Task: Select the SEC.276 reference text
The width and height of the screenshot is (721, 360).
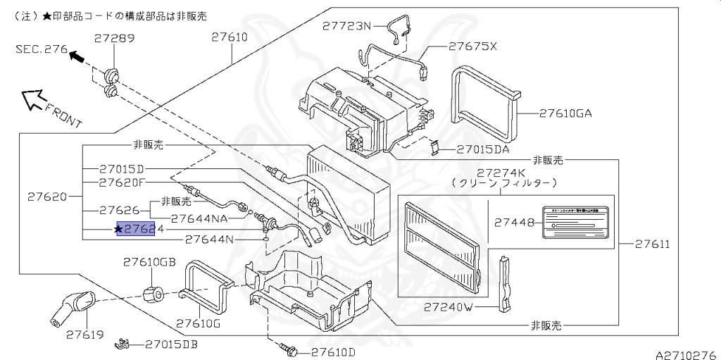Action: [42, 49]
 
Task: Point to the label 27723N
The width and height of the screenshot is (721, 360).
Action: [346, 26]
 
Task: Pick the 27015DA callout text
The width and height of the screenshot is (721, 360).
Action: [483, 149]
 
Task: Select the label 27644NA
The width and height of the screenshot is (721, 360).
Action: [199, 218]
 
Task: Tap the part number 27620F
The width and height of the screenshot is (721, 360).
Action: [122, 182]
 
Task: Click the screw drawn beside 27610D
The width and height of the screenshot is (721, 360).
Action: [289, 348]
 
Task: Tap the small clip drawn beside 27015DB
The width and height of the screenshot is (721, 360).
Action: [123, 345]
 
